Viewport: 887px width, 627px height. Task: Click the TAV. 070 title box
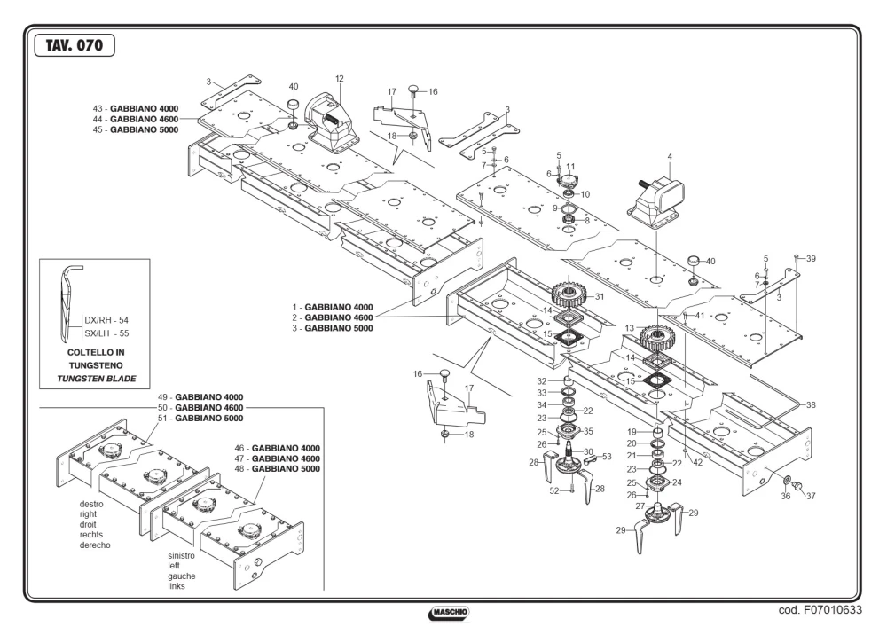tap(75, 45)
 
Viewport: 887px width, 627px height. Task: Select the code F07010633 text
tap(820, 609)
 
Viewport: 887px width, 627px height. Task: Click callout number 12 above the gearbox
tap(340, 79)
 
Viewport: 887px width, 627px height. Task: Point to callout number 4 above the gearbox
tap(670, 157)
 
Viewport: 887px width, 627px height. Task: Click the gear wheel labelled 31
tap(569, 294)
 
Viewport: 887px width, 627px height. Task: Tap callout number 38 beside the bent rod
tap(811, 404)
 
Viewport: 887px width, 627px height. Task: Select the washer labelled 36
tap(786, 481)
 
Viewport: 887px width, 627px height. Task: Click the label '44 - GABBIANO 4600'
tap(135, 120)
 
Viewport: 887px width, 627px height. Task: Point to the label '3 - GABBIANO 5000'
tap(333, 328)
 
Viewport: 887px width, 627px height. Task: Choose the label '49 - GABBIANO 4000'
tap(200, 397)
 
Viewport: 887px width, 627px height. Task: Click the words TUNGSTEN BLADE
tap(97, 379)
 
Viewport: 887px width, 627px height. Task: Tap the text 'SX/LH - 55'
tap(107, 333)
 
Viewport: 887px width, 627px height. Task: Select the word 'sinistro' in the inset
tap(181, 555)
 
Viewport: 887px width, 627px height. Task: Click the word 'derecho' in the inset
tap(95, 545)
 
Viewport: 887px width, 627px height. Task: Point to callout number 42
tap(697, 462)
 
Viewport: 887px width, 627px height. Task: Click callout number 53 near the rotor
tap(607, 456)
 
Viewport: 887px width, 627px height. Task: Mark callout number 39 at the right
tap(811, 258)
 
